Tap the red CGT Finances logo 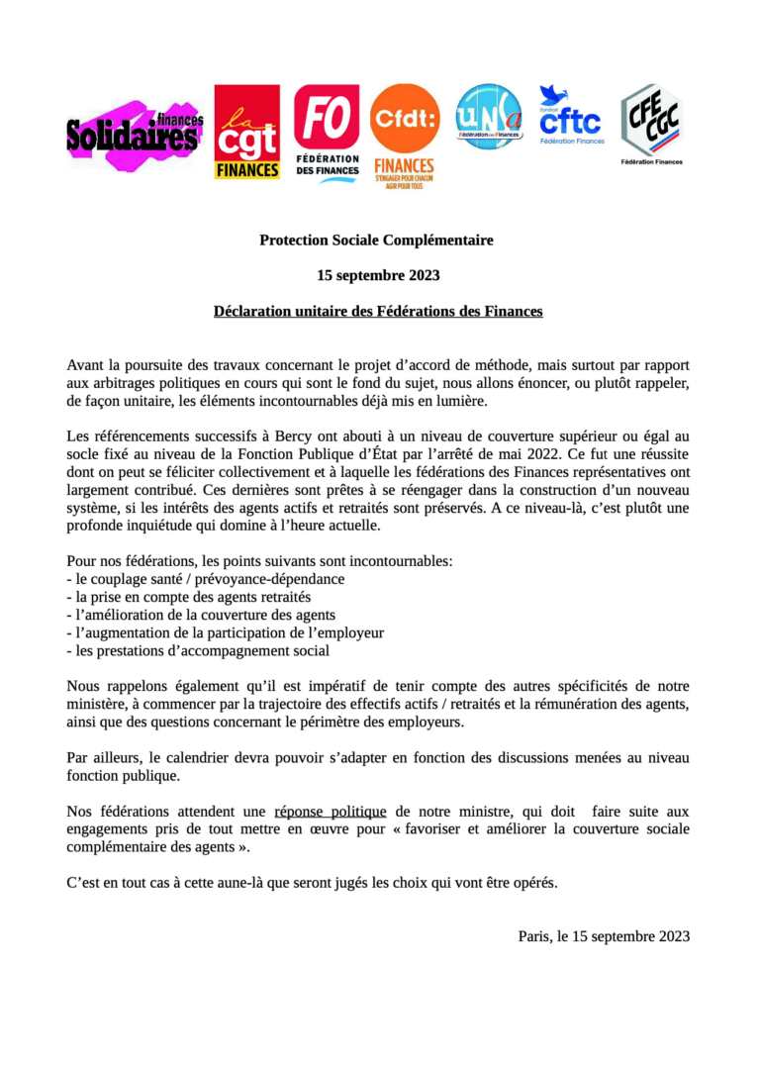tap(246, 132)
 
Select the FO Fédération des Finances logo tap(327, 130)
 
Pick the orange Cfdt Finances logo tap(404, 135)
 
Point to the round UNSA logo tap(488, 116)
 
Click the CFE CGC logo tap(650, 123)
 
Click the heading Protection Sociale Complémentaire tap(376, 240)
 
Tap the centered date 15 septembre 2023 tap(378, 275)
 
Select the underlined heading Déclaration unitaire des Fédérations tap(378, 311)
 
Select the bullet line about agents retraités tap(188, 597)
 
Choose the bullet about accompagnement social tap(198, 650)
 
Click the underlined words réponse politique tap(328, 811)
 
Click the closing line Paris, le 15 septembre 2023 tap(604, 935)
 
